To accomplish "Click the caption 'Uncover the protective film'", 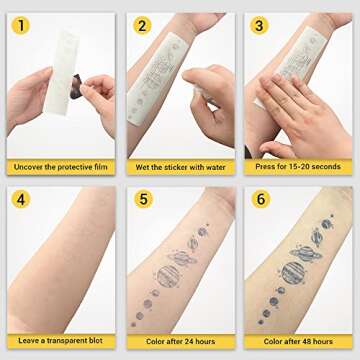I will pos(60,167).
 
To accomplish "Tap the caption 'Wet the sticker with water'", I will pos(179,167).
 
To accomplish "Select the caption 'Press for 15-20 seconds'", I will pos(297,167).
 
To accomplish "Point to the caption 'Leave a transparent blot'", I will pos(60,341).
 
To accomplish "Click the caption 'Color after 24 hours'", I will pos(179,341).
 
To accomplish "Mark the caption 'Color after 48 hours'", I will pos(297,341).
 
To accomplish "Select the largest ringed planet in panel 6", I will pos(297,271).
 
